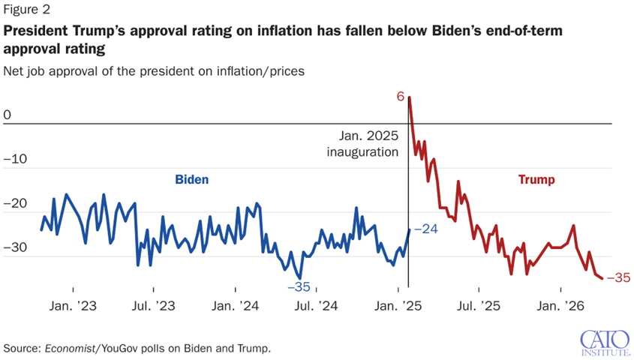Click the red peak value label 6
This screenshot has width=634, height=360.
tap(401, 97)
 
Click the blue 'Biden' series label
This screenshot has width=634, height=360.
tap(191, 180)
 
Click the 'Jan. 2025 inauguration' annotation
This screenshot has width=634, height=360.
tap(362, 144)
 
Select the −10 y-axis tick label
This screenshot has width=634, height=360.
tap(14, 159)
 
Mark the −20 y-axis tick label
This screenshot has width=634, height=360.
tap(14, 203)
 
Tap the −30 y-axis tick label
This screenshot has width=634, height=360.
tap(14, 247)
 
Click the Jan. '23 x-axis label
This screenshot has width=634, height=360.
tap(72, 306)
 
